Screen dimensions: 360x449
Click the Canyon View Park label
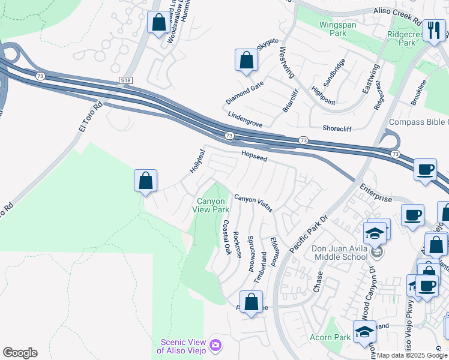click(x=211, y=205)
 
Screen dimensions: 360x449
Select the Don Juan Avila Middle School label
click(x=339, y=253)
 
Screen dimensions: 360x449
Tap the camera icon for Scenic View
click(x=215, y=346)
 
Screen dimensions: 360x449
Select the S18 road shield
click(x=125, y=80)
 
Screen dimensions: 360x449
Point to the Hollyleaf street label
click(x=197, y=162)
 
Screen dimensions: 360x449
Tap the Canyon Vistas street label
click(x=253, y=203)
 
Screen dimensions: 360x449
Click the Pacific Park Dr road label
click(x=306, y=236)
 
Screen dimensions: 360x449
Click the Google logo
click(x=20, y=353)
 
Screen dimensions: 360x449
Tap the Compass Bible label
click(x=418, y=122)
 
